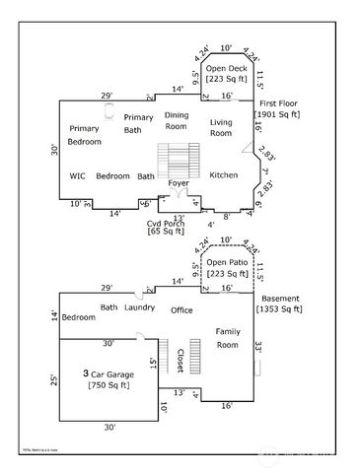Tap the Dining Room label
tap(177, 121)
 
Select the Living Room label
tap(221, 127)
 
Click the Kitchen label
tap(224, 175)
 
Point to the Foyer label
tap(179, 184)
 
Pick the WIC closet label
tap(78, 176)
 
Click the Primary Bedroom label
tap(84, 135)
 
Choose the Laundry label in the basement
tap(140, 308)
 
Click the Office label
tap(181, 310)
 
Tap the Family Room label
tap(228, 338)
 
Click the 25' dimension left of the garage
tap(54, 379)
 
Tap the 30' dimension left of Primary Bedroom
tap(54, 151)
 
